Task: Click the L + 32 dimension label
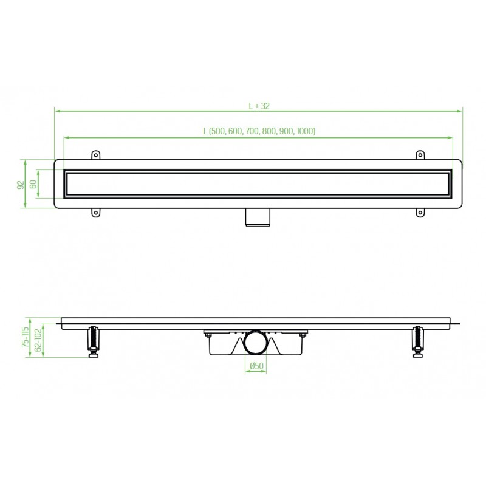(259, 105)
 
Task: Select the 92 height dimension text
(19, 184)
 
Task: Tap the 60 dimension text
(33, 184)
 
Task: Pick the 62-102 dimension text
(38, 341)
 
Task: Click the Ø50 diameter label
(256, 365)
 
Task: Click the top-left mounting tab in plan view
(95, 155)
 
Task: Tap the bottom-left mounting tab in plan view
(95, 213)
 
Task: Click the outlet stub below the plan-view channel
(258, 218)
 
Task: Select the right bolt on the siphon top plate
(302, 332)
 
